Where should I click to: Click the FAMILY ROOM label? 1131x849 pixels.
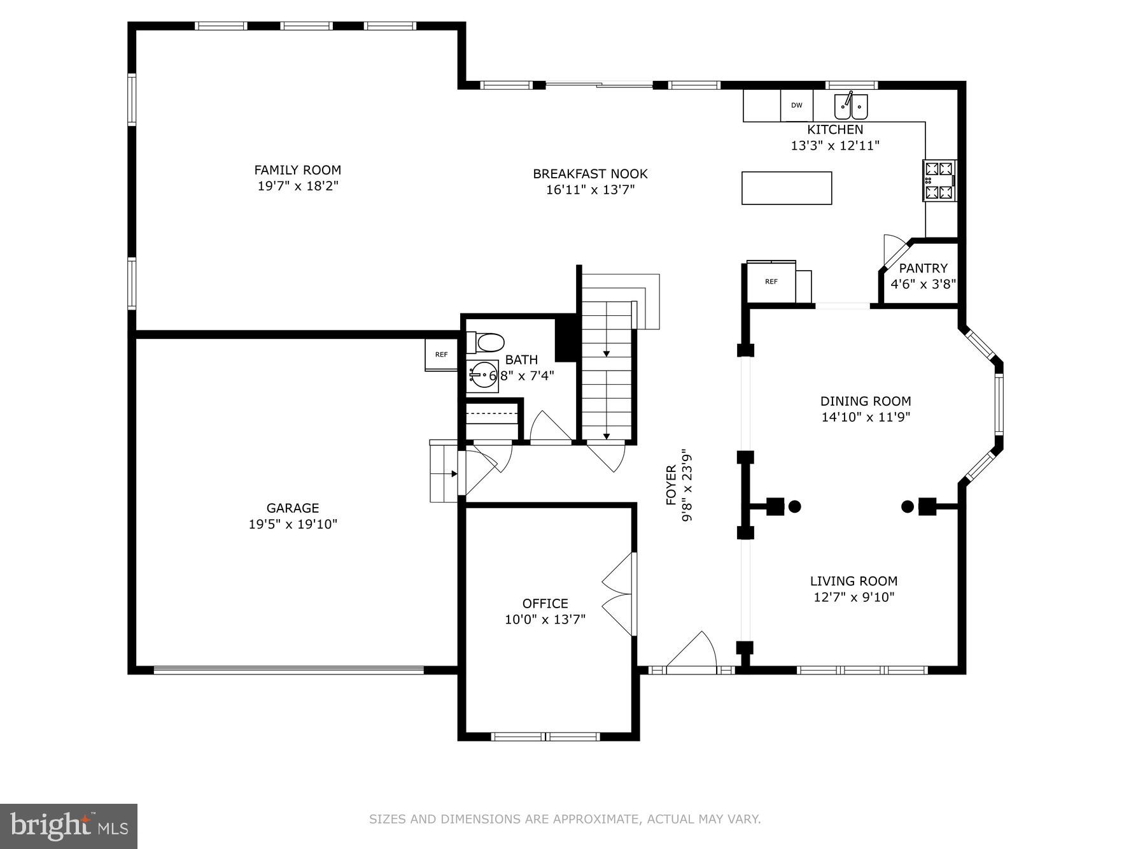pyautogui.click(x=297, y=170)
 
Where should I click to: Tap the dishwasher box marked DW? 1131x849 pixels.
pyautogui.click(x=796, y=106)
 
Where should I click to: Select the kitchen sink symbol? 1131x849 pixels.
pyautogui.click(x=851, y=106)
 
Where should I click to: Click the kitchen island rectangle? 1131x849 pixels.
pyautogui.click(x=786, y=188)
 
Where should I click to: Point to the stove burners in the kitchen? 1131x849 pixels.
pyautogui.click(x=939, y=180)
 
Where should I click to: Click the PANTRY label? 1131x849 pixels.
pyautogui.click(x=923, y=268)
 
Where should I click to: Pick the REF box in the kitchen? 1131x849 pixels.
pyautogui.click(x=771, y=282)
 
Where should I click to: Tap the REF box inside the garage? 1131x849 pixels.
pyautogui.click(x=441, y=355)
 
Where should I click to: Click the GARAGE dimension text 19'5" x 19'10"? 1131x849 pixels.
pyautogui.click(x=293, y=524)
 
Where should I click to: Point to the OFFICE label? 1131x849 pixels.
pyautogui.click(x=545, y=603)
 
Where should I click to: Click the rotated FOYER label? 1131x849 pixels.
pyautogui.click(x=671, y=485)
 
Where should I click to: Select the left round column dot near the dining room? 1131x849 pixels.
pyautogui.click(x=794, y=506)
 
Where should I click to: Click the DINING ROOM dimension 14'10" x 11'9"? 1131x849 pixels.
pyautogui.click(x=865, y=417)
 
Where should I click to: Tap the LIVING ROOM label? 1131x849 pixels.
pyautogui.click(x=854, y=581)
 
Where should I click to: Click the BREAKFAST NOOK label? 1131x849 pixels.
pyautogui.click(x=590, y=174)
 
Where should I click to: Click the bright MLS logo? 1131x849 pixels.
pyautogui.click(x=69, y=826)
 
